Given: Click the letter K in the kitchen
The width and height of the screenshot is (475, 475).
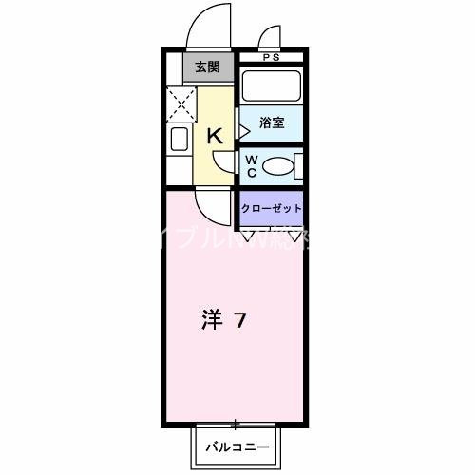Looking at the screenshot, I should tap(215, 136).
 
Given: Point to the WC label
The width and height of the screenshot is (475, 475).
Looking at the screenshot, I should tap(252, 166).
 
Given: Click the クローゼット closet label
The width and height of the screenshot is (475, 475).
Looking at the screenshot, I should tap(272, 208).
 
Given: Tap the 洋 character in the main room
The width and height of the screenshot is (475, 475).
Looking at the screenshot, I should tap(211, 320).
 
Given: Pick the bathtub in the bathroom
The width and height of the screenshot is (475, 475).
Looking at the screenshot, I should tap(270, 87).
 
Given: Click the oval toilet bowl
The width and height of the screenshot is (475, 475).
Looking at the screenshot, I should tap(277, 167).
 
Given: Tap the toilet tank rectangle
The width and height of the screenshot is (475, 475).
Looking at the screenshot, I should tap(299, 167).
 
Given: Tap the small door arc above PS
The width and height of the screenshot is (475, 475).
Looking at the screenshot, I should tap(269, 38).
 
